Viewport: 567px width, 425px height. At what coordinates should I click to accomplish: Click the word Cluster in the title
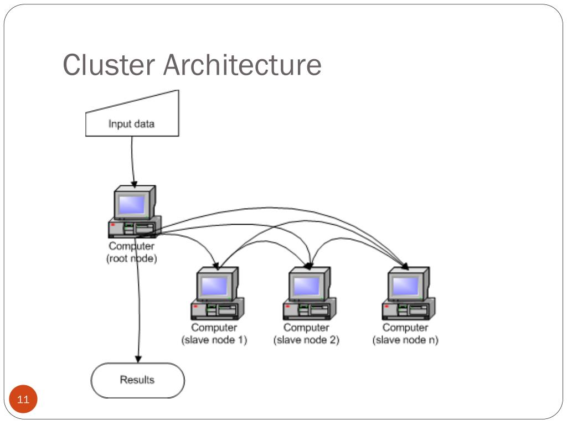click(x=109, y=65)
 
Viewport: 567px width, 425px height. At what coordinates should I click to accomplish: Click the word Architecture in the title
click(x=243, y=65)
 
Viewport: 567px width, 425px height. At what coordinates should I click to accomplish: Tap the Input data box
click(x=132, y=120)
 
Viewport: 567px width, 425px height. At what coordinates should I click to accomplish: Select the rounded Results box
click(x=137, y=381)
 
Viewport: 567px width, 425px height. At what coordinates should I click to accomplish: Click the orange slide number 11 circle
click(x=23, y=399)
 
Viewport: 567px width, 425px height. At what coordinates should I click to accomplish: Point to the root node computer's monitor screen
click(x=132, y=205)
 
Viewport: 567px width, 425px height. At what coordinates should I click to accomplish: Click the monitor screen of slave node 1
click(x=214, y=287)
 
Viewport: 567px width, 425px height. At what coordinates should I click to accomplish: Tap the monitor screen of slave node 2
click(x=307, y=287)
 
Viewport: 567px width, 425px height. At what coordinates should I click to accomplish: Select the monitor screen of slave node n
click(x=406, y=287)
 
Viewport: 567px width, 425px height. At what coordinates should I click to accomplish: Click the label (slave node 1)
click(x=214, y=340)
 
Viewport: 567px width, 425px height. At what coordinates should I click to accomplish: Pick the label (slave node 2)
click(x=306, y=340)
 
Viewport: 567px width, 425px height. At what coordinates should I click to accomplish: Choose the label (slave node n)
click(x=405, y=340)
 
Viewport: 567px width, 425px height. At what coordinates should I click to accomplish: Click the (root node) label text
click(x=132, y=258)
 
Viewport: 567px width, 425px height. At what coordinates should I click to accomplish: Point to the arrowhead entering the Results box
click(x=138, y=359)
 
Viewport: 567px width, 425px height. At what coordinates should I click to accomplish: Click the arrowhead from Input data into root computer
click(x=134, y=184)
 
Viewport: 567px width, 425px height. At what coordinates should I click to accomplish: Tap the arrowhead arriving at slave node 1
click(x=217, y=266)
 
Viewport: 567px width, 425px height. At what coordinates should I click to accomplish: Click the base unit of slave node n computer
click(x=409, y=309)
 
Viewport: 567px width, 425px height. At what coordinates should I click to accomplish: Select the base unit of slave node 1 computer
click(x=218, y=309)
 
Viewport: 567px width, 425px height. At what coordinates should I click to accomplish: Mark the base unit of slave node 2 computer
click(x=310, y=309)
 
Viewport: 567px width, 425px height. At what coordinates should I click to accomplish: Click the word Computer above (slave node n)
click(x=405, y=328)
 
